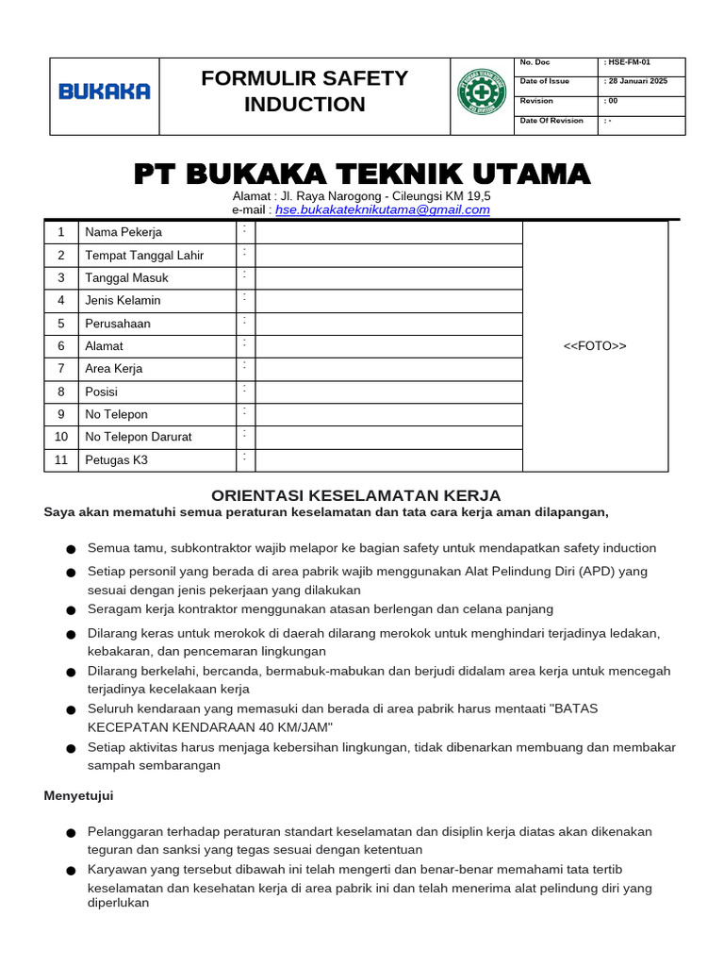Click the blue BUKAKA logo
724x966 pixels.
[x=104, y=92]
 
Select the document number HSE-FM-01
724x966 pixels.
[x=629, y=62]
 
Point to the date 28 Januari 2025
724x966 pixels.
[x=637, y=81]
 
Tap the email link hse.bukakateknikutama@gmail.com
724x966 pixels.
[x=383, y=209]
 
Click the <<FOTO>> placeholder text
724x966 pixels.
[x=595, y=346]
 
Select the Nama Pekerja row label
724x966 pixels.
[x=123, y=232]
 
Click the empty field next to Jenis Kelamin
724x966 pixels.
[x=388, y=301]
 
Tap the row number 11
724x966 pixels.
[x=61, y=460]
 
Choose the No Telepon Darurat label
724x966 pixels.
[x=139, y=437]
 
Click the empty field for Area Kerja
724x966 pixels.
[x=388, y=369]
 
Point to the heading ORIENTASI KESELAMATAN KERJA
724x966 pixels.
[x=355, y=495]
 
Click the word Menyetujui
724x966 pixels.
[x=78, y=795]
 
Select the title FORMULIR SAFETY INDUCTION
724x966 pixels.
[x=304, y=92]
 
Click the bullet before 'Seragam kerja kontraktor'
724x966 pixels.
[x=71, y=610]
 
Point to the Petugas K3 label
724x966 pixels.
[x=117, y=460]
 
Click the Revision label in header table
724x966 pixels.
[x=536, y=101]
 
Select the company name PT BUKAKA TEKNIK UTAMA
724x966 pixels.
[x=362, y=174]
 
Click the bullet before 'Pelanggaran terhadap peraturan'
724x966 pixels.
[x=71, y=833]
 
